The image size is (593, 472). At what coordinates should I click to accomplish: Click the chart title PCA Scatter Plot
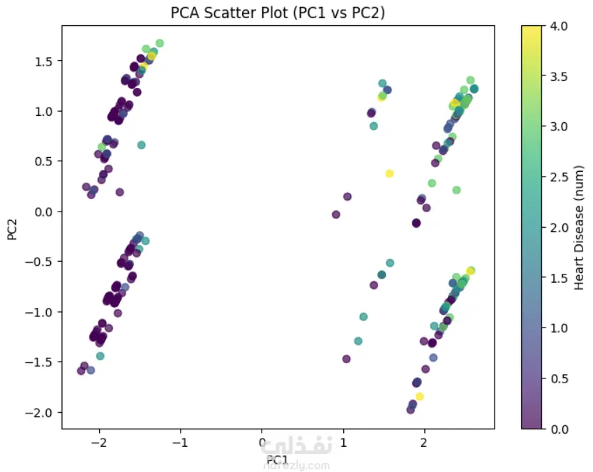[x=278, y=13]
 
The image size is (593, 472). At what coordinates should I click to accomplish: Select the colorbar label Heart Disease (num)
[x=579, y=227]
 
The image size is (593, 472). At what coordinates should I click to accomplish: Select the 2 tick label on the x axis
[x=424, y=443]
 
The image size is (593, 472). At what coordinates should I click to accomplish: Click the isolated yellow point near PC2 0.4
[x=389, y=173]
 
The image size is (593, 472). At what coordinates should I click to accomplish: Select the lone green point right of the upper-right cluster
[x=456, y=190]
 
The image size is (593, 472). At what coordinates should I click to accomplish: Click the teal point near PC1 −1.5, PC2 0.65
[x=141, y=145]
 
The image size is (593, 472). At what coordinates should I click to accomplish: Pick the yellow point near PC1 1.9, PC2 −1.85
[x=419, y=397]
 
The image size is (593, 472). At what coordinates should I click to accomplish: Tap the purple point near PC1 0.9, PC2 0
[x=336, y=214]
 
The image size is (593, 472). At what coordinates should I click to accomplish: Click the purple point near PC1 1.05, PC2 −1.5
[x=346, y=359]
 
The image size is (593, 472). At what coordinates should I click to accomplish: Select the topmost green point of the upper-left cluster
[x=159, y=43]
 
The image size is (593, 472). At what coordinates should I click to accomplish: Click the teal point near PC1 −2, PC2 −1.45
[x=100, y=356]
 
